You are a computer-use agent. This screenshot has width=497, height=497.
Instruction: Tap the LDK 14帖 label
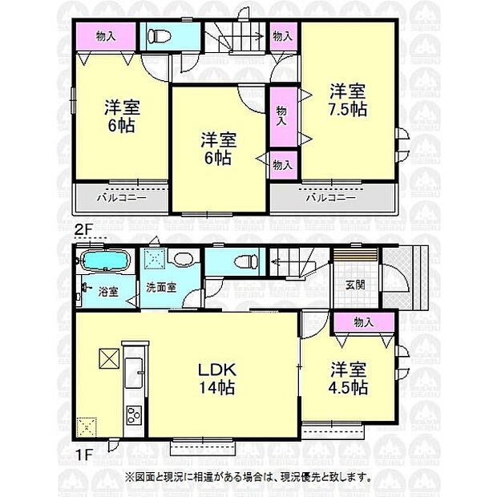click(x=216, y=378)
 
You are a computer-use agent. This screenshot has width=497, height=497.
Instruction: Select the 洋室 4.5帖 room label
click(x=348, y=378)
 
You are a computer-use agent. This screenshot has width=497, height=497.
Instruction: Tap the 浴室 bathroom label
click(x=107, y=292)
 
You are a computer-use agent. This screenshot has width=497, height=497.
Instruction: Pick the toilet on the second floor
click(x=159, y=36)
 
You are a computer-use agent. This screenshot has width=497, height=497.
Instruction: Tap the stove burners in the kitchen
click(x=132, y=416)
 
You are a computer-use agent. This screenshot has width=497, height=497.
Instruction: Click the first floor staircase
click(x=296, y=262)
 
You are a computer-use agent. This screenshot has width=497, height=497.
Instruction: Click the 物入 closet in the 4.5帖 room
click(x=363, y=322)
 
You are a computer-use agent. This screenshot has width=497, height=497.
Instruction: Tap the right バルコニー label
click(x=331, y=196)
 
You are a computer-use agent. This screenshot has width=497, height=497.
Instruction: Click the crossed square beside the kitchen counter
click(x=108, y=358)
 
